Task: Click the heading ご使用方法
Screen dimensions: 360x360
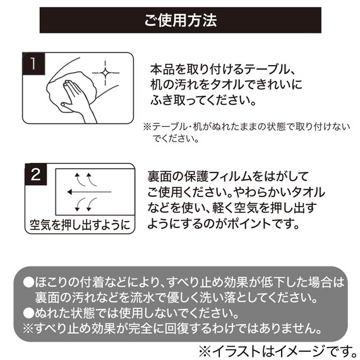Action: click(x=180, y=20)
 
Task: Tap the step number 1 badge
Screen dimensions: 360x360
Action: click(x=32, y=63)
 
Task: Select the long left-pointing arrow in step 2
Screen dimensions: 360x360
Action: click(x=88, y=191)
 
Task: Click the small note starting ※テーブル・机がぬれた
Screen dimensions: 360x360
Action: click(x=246, y=132)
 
